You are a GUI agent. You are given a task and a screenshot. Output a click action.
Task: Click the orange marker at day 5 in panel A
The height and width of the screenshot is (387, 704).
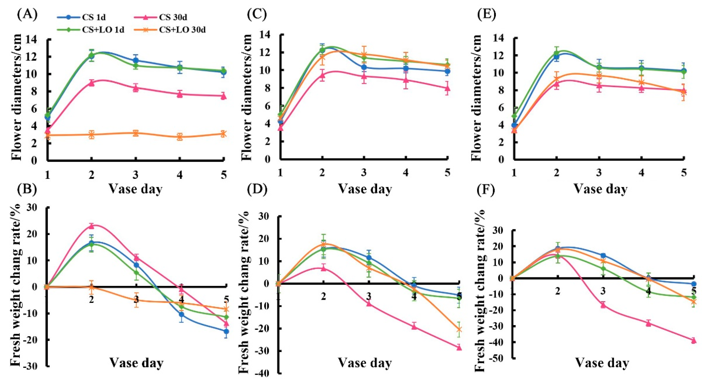[223, 134]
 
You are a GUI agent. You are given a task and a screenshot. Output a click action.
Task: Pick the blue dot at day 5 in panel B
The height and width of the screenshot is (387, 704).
[226, 331]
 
